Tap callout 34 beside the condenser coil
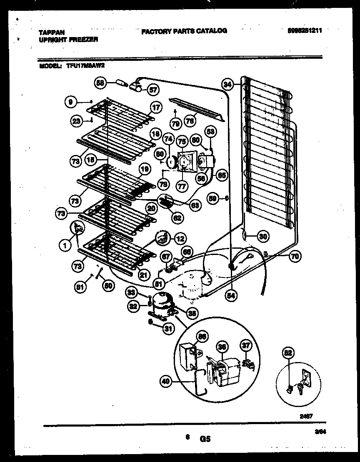pyautogui.click(x=227, y=85)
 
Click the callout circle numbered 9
pyautogui.click(x=71, y=100)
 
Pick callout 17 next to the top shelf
pyautogui.click(x=155, y=107)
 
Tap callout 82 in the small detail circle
pyautogui.click(x=289, y=353)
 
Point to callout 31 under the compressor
pyautogui.click(x=167, y=329)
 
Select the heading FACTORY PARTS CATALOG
pyautogui.click(x=184, y=31)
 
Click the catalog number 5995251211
pyautogui.click(x=305, y=31)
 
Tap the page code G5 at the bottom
pyautogui.click(x=205, y=438)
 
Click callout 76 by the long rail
pyautogui.click(x=191, y=121)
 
